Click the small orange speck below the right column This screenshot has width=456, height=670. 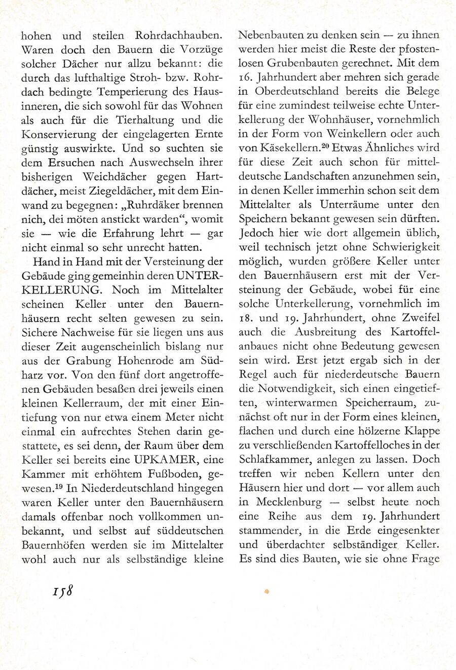coord(267,591)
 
